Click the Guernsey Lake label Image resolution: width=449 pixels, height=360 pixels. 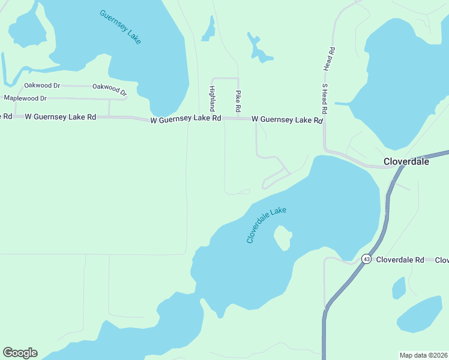[x=121, y=27]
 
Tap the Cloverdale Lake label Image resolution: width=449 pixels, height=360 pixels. [x=267, y=225]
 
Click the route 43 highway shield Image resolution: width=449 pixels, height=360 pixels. [x=366, y=259]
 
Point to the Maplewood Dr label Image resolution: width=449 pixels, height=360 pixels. [x=25, y=98]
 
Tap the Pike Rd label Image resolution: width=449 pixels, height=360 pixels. [x=238, y=102]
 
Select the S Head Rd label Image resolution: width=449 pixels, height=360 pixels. [x=324, y=99]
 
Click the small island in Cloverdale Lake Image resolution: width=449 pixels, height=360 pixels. [x=282, y=238]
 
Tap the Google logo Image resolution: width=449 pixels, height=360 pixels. [x=20, y=353]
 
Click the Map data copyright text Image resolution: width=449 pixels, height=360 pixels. [x=423, y=355]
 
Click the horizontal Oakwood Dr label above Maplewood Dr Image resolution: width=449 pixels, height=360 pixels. [x=41, y=86]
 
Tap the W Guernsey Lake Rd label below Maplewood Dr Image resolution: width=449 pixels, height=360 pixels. [x=60, y=117]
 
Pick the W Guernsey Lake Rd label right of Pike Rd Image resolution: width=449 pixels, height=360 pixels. [x=287, y=120]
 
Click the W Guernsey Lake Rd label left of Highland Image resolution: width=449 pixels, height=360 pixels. [x=185, y=119]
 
